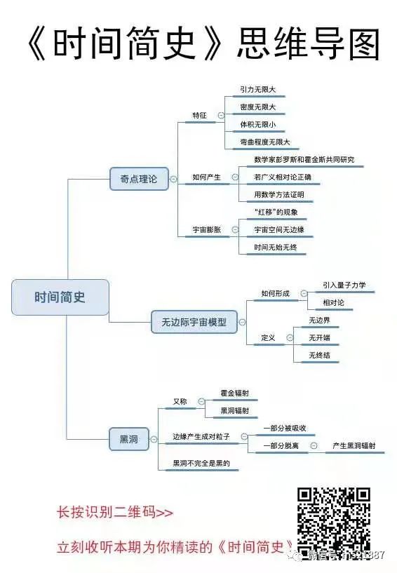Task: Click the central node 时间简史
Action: coord(60,297)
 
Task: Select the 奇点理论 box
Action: coord(134,180)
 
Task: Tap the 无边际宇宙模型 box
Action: coord(189,323)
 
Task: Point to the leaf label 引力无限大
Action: coord(257,90)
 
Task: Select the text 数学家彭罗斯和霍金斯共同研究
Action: coord(304,160)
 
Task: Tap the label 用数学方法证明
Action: coord(279,194)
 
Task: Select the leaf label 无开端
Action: coord(319,338)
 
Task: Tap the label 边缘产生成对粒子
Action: coord(201,436)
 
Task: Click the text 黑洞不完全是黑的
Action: coord(201,464)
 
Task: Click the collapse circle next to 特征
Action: coord(221,116)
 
